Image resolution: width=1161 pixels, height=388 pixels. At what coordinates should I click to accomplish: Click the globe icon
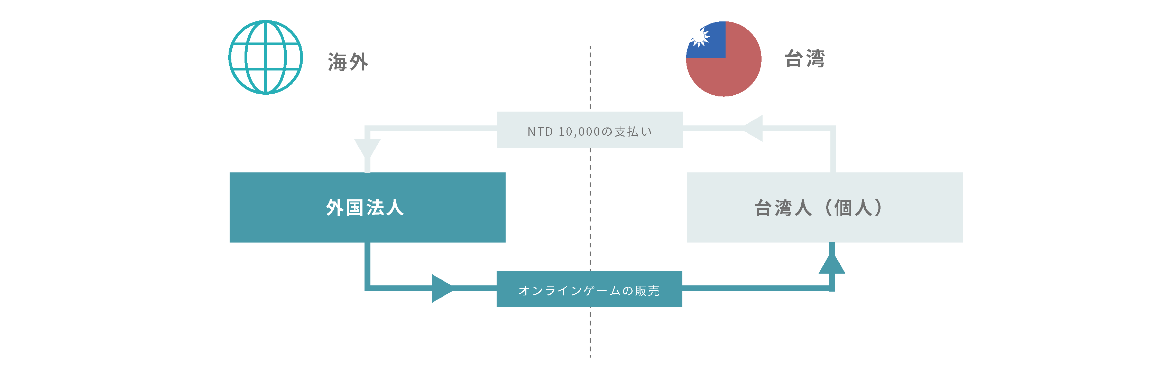pos(266,57)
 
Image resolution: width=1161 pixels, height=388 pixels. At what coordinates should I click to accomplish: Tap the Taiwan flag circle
pos(724,59)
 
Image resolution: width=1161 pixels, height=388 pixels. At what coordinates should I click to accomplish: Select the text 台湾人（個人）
pos(819,208)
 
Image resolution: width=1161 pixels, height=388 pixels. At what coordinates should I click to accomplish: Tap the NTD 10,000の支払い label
pos(590,131)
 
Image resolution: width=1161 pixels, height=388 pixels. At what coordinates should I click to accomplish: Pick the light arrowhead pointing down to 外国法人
pos(367,149)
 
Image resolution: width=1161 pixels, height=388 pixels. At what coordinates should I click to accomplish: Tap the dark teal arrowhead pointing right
pos(442,288)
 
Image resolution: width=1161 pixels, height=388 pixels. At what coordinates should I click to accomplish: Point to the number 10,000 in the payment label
pos(579,131)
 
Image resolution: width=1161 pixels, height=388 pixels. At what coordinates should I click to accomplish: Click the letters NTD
pos(540,131)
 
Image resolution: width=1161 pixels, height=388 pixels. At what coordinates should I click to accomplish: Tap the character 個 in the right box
pos(842,208)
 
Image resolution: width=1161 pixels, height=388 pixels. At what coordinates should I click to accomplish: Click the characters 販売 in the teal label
pos(647,291)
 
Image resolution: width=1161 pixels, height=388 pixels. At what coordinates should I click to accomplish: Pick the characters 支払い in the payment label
pos(633,131)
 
